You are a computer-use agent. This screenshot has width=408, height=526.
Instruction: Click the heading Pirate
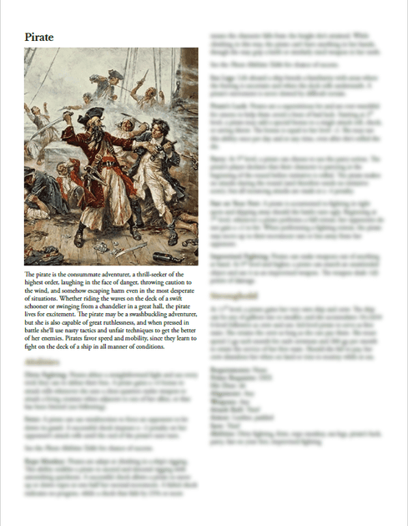point(39,38)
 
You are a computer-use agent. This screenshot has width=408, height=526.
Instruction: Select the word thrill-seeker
point(149,275)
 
